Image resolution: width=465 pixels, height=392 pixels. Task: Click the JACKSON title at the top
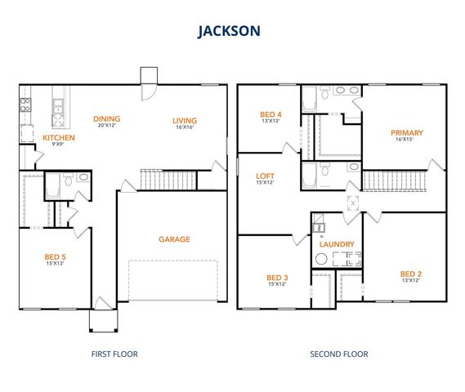(x=229, y=30)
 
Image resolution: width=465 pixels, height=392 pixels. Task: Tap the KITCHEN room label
(x=58, y=138)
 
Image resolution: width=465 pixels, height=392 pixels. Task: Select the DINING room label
(x=106, y=118)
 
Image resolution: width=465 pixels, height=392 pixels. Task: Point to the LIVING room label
(x=184, y=122)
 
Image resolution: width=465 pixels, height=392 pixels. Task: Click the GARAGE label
(x=174, y=239)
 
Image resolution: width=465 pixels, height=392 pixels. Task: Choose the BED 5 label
(x=56, y=256)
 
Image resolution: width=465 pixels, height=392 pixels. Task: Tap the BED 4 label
(x=271, y=114)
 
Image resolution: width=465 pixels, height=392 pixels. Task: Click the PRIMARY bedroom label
(x=406, y=132)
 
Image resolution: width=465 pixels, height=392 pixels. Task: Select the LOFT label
(x=265, y=176)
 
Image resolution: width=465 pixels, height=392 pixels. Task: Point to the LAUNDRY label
(x=337, y=244)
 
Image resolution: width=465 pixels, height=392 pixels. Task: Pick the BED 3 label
(x=277, y=277)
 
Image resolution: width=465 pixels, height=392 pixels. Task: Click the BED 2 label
(x=410, y=274)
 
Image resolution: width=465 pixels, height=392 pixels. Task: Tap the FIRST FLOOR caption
(x=114, y=354)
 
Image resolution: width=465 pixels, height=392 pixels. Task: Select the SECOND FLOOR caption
(x=339, y=354)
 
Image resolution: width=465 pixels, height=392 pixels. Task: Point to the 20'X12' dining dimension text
(x=106, y=126)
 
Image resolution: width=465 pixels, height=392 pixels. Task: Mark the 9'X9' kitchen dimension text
(x=58, y=145)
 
